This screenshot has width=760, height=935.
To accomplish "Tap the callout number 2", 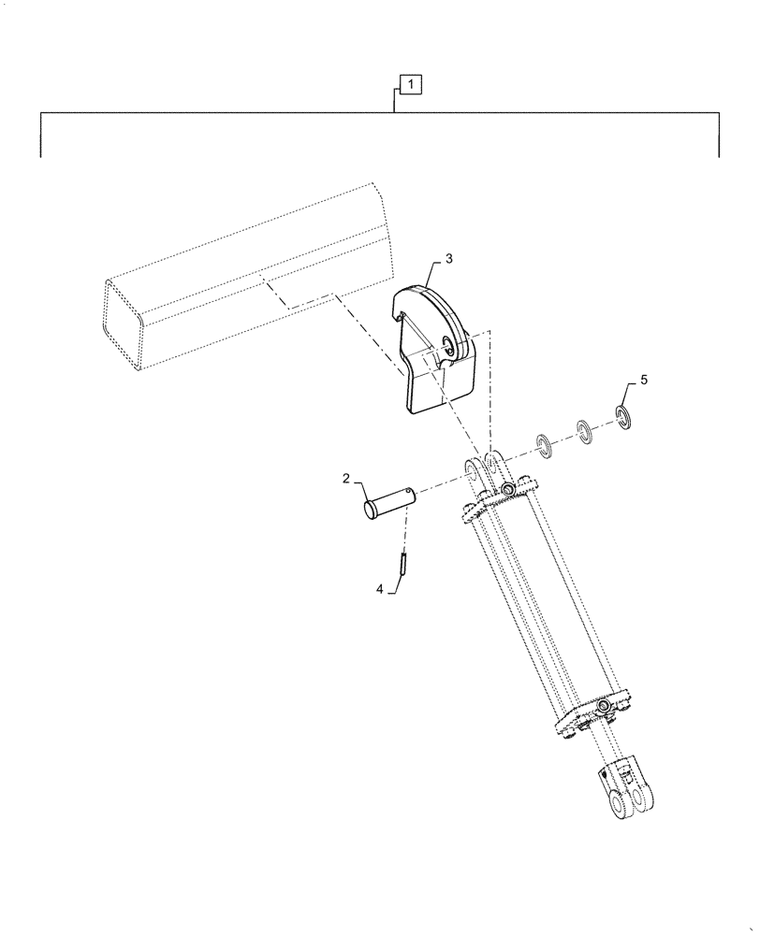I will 346,479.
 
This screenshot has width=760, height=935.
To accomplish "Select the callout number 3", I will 449,258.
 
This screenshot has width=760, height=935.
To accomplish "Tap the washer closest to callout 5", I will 622,414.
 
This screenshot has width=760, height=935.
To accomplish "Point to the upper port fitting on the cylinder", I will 506,490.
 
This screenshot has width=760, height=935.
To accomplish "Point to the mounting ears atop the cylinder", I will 488,468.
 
